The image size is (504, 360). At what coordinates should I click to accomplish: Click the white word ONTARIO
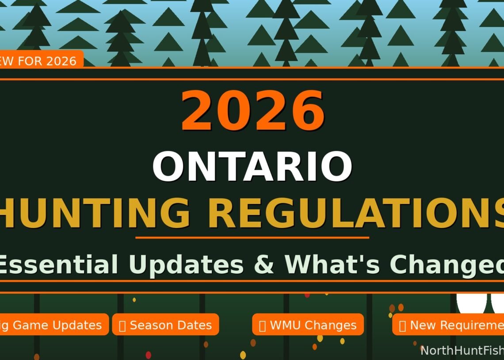[252, 167]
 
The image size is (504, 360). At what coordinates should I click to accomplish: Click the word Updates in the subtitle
[186, 264]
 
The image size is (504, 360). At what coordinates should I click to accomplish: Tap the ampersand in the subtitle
[264, 264]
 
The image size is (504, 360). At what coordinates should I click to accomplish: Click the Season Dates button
[165, 325]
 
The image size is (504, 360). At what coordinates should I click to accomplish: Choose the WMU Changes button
[308, 325]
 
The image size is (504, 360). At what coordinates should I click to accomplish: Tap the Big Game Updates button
[53, 325]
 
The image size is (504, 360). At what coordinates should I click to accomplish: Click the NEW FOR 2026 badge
[40, 61]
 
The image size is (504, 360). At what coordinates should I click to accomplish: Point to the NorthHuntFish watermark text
[462, 351]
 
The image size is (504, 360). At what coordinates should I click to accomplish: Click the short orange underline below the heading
[252, 238]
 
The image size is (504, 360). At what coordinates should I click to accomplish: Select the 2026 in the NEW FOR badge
[61, 61]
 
